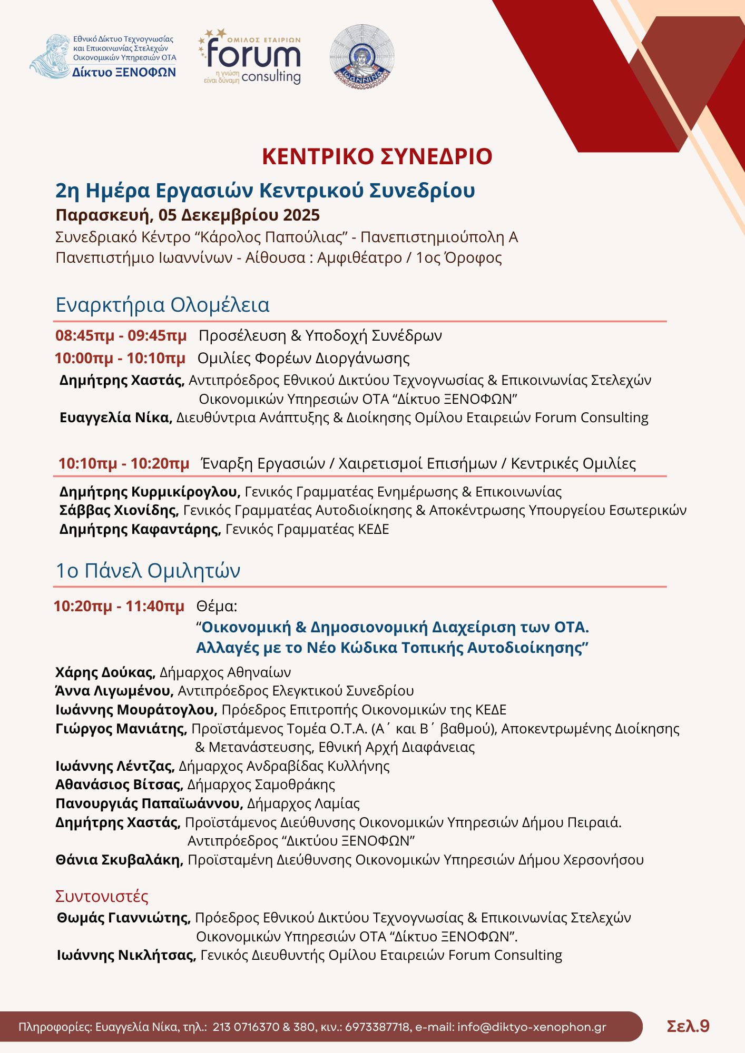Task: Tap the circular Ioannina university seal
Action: pyautogui.click(x=362, y=56)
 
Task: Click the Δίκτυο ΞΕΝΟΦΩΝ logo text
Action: pyautogui.click(x=124, y=73)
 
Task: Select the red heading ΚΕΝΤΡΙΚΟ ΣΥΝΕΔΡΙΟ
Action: pyautogui.click(x=377, y=156)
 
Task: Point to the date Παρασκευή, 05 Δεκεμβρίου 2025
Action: pyautogui.click(x=188, y=215)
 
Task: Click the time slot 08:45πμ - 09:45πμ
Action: pyautogui.click(x=121, y=336)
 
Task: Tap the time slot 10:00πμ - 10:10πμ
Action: pyautogui.click(x=120, y=359)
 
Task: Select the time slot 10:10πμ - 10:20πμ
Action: pyautogui.click(x=124, y=464)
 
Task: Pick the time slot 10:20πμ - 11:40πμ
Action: pyautogui.click(x=119, y=607)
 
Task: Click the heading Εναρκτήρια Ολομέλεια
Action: pyautogui.click(x=162, y=305)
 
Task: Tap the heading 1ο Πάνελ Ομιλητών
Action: pyautogui.click(x=148, y=571)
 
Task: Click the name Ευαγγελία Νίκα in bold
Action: pyautogui.click(x=116, y=418)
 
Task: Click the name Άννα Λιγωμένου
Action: pyautogui.click(x=114, y=691)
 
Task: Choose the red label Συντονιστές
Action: pyautogui.click(x=102, y=896)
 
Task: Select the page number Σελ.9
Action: pyautogui.click(x=688, y=1026)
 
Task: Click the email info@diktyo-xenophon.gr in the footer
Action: pyautogui.click(x=532, y=1027)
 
